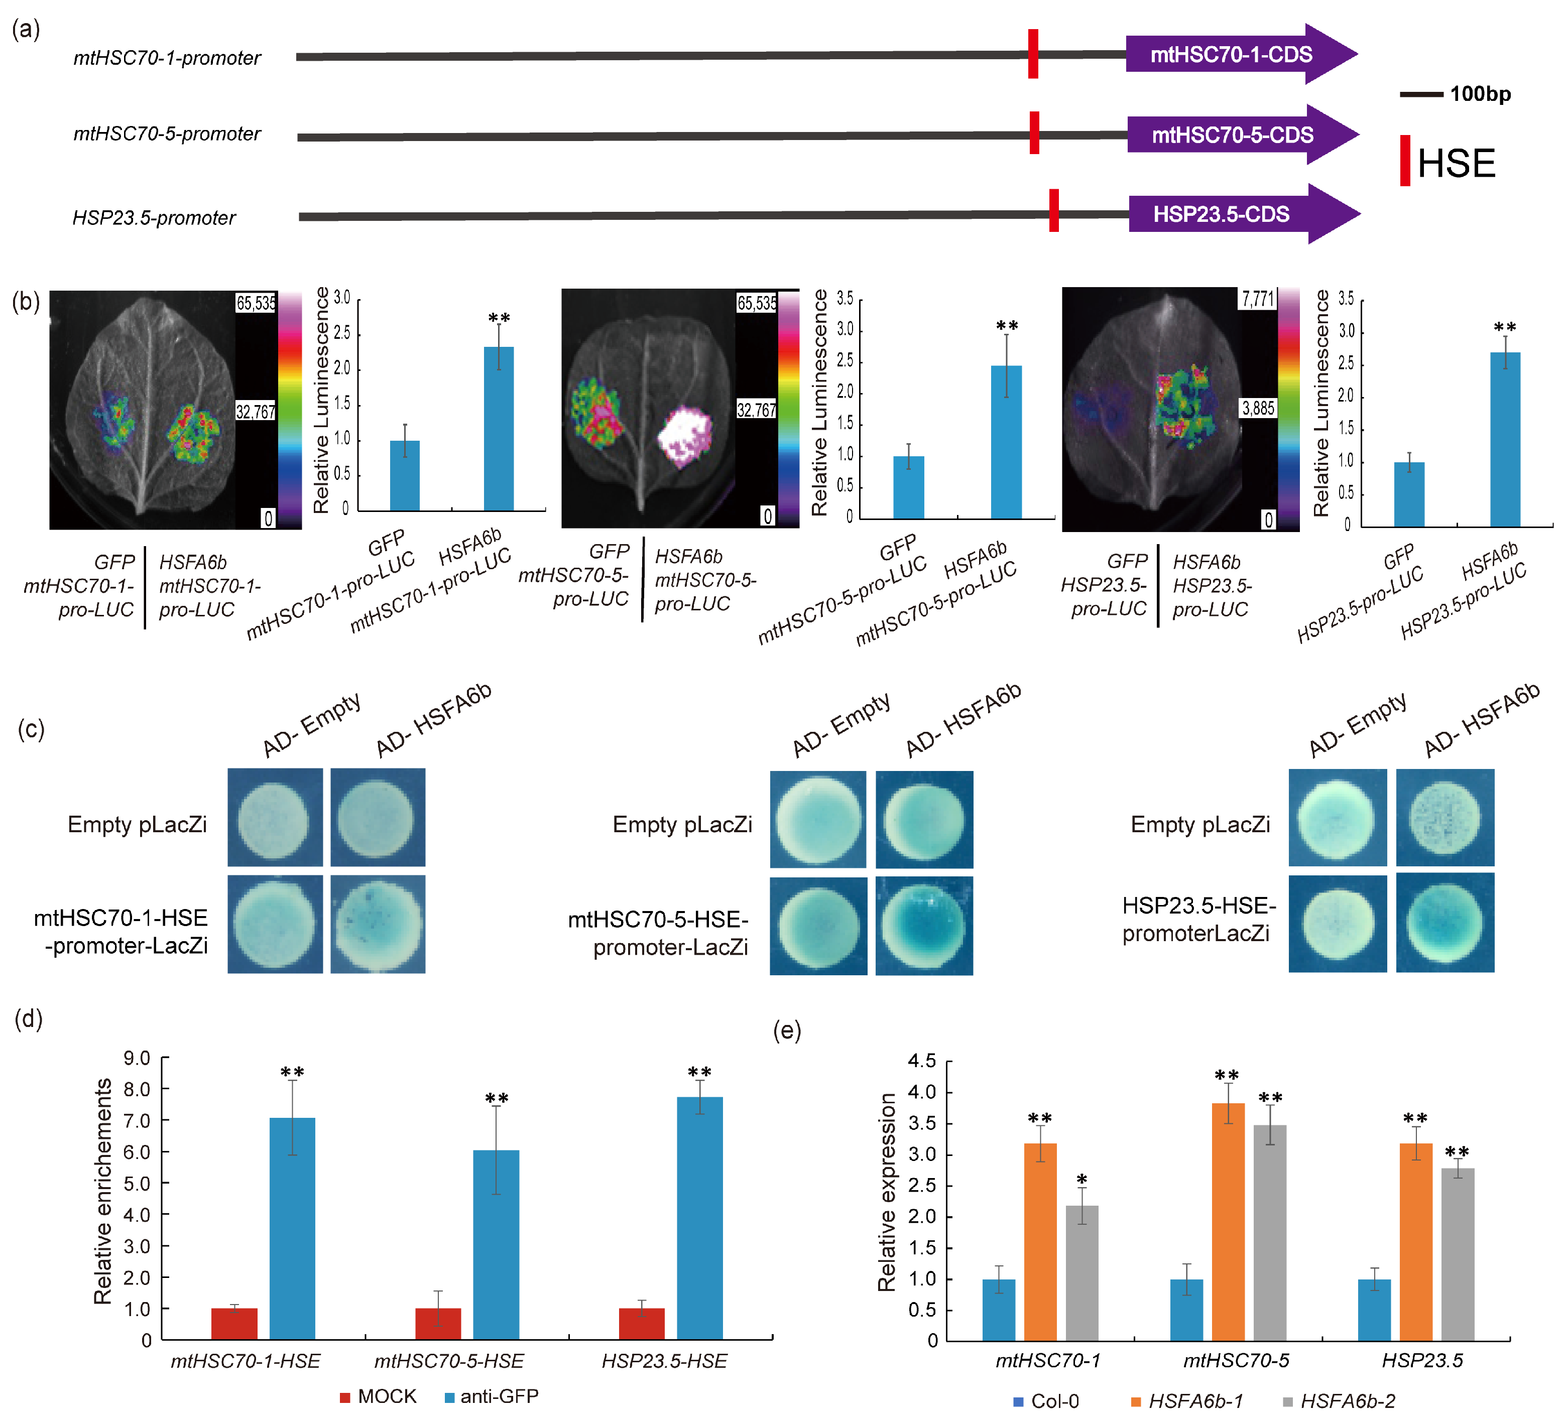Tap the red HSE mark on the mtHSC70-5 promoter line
pyautogui.click(x=1034, y=133)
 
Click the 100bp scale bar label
pyautogui.click(x=1480, y=95)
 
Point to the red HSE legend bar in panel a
pyautogui.click(x=1405, y=161)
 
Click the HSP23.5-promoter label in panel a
pyautogui.click(x=154, y=218)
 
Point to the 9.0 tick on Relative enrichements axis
pyautogui.click(x=137, y=1058)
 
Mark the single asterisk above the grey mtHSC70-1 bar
pyautogui.click(x=1082, y=1180)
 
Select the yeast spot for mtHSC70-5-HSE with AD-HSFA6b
pyautogui.click(x=924, y=926)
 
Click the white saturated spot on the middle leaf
pyautogui.click(x=684, y=437)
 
